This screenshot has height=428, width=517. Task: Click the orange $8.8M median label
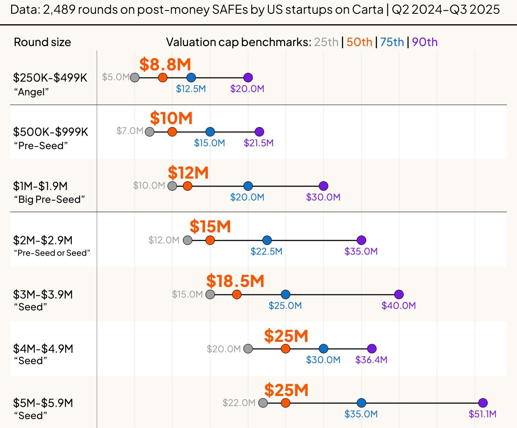165,64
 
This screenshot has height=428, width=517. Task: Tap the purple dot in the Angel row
248,77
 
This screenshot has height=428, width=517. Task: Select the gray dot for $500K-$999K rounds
149,132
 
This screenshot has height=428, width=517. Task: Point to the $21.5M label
258,143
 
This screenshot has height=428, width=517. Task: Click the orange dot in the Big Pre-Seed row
187,186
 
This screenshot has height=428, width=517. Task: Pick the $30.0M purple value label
323,197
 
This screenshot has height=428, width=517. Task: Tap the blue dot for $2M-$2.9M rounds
267,240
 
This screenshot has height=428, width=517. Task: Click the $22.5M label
266,252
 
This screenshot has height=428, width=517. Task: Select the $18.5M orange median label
235,281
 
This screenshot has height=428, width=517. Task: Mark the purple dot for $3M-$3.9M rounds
399,295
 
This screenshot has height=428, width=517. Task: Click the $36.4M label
371,360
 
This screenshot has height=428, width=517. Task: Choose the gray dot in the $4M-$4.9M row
248,349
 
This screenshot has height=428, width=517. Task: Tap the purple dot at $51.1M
483,403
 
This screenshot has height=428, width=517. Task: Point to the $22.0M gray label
239,403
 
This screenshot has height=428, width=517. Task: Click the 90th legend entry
425,42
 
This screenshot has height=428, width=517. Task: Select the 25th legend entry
326,42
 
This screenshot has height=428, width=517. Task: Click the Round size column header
42,42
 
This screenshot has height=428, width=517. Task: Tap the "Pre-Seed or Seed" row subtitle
52,253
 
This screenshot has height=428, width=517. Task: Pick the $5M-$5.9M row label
43,403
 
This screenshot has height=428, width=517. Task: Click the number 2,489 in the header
59,9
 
